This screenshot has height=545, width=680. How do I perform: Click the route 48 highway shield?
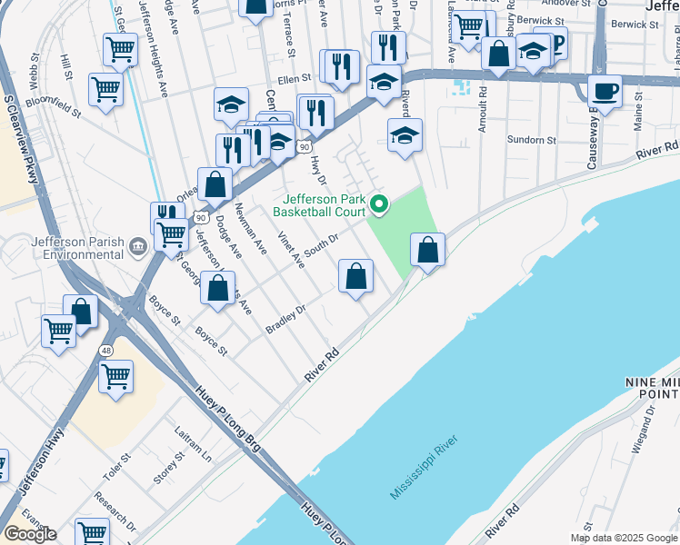coord(106,351)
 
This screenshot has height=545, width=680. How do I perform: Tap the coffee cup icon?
coord(605,91)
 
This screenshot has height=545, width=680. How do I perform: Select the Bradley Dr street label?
coord(285,317)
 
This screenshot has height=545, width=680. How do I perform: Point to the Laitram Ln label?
coord(194,448)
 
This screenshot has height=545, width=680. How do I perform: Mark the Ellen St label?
coord(295,80)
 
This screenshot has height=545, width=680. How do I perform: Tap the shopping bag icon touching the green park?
coord(426,249)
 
